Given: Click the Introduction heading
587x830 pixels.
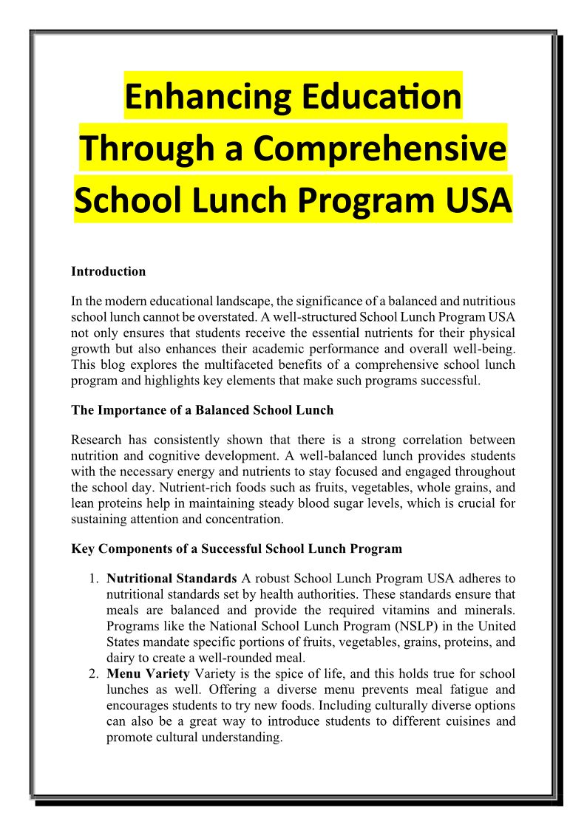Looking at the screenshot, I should click(108, 271).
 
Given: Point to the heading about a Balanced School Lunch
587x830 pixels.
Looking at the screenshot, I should click(202, 410).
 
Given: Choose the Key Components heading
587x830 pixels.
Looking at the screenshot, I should click(237, 548).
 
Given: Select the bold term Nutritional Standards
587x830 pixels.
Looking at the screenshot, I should click(172, 577).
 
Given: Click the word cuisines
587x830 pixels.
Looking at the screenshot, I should click(460, 721).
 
